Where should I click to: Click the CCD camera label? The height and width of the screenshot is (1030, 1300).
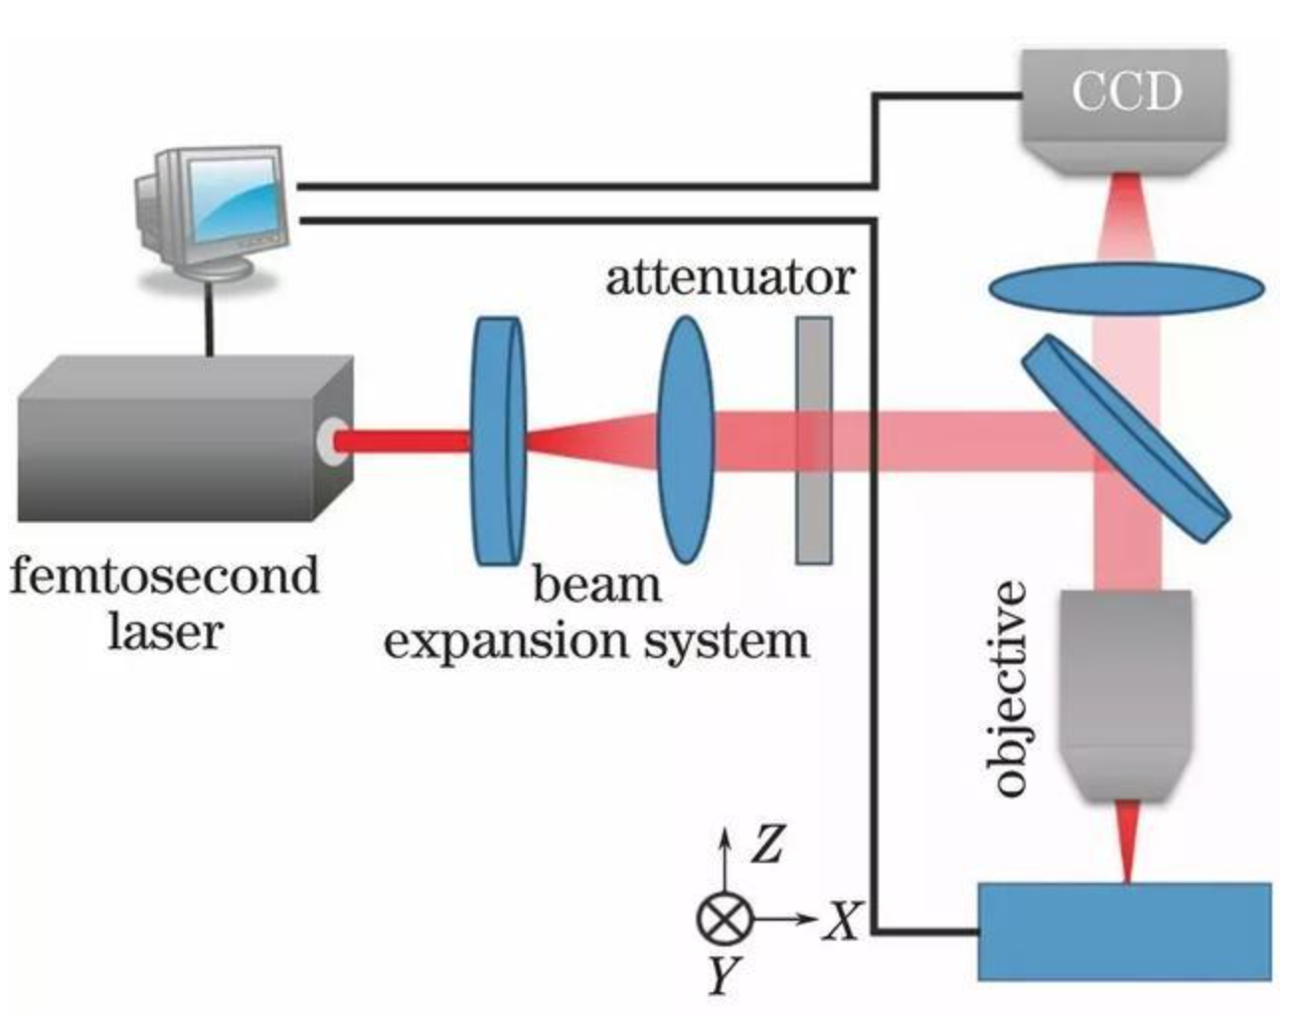(1126, 91)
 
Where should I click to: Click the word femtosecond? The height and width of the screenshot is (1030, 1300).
(165, 577)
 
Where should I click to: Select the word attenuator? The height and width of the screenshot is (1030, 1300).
(730, 277)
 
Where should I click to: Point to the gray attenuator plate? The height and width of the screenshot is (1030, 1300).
(813, 440)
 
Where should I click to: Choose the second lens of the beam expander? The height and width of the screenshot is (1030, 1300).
(686, 440)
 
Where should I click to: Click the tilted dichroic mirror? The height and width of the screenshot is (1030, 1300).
(1125, 438)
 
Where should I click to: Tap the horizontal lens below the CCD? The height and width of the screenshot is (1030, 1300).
(1126, 289)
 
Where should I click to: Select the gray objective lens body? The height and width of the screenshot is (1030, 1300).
(1126, 686)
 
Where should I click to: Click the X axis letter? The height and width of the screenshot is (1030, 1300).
(844, 921)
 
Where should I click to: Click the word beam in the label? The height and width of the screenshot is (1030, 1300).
(596, 585)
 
